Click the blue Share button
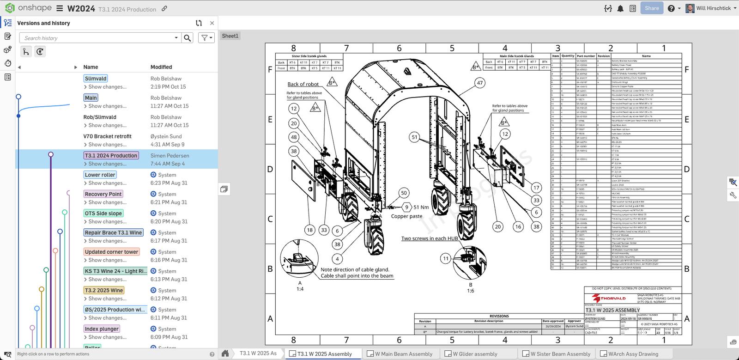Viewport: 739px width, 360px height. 652,8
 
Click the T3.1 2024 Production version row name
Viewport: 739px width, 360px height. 111,156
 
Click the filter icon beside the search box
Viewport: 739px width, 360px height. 206,38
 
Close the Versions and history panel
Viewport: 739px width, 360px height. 212,23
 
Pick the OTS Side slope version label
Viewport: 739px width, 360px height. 103,214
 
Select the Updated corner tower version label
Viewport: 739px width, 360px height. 111,252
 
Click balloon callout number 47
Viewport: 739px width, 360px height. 480,83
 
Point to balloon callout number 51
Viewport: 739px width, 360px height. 414,137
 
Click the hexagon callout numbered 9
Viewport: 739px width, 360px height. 406,207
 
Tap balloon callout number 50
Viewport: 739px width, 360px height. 404,193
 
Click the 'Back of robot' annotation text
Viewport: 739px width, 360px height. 303,84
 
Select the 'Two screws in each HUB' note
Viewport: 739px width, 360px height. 430,238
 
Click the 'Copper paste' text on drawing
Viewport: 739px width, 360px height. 406,216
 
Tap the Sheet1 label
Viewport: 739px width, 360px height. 230,36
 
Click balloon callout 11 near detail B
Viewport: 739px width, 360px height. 445,259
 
